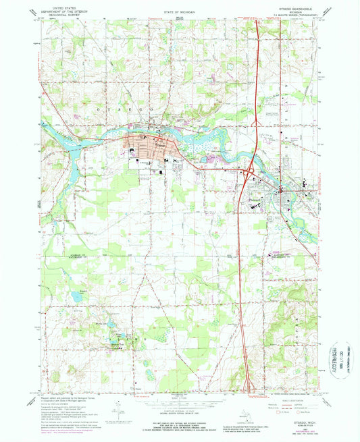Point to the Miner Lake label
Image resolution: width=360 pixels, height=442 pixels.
coord(101,325)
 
